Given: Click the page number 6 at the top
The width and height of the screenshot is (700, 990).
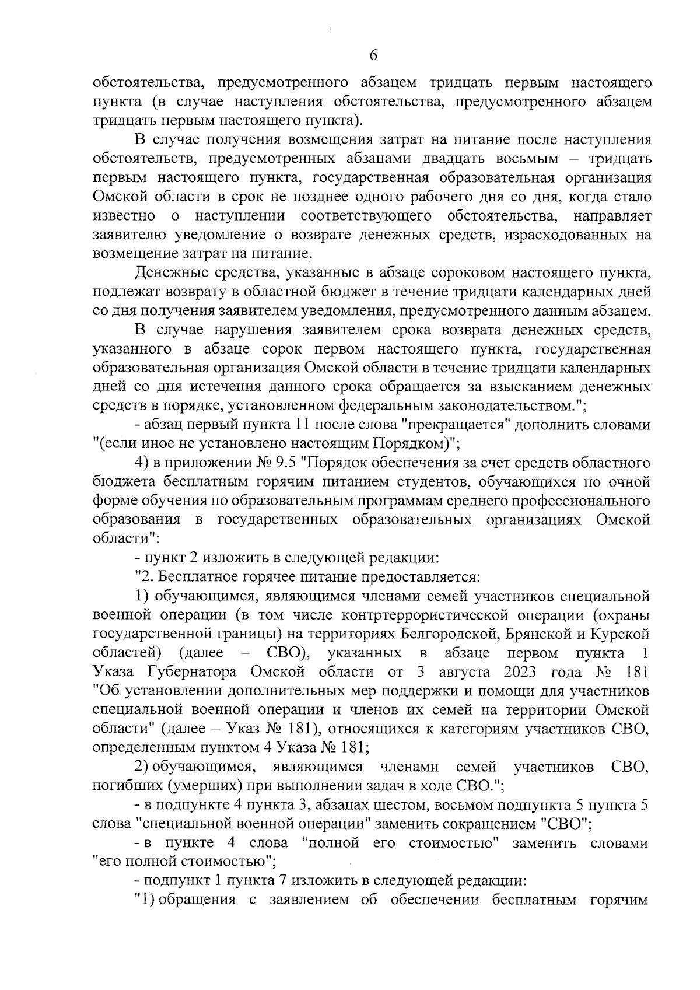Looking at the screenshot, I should (x=373, y=55).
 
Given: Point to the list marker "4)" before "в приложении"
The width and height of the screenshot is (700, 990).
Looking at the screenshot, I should (x=143, y=464).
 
